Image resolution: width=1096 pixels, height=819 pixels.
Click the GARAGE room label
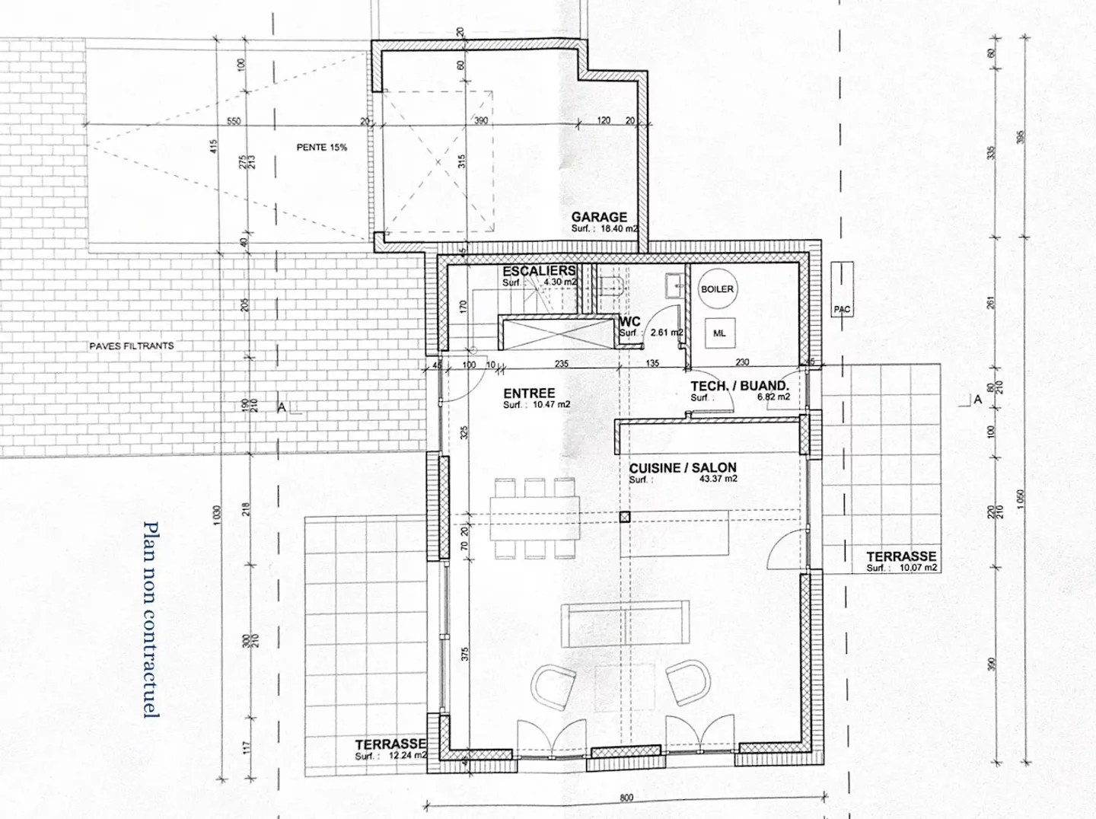599,217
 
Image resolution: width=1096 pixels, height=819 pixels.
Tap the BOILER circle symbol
717,289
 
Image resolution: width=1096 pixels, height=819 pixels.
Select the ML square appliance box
719,333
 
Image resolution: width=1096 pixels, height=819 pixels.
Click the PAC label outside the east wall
842,310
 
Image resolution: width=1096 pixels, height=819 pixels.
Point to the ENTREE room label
529,394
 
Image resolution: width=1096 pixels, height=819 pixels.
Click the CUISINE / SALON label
683,468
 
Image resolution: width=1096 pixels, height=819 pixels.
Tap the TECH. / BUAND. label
739,386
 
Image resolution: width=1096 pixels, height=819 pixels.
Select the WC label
630,321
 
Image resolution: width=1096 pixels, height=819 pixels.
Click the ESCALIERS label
539,271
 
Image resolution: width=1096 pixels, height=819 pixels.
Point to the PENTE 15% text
322,148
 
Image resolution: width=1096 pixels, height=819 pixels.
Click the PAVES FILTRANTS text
132,346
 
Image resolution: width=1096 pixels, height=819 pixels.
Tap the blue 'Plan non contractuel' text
151,620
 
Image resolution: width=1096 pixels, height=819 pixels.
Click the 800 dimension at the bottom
626,798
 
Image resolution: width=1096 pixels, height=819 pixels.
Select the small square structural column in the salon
624,518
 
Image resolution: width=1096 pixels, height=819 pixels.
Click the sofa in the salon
626,623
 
